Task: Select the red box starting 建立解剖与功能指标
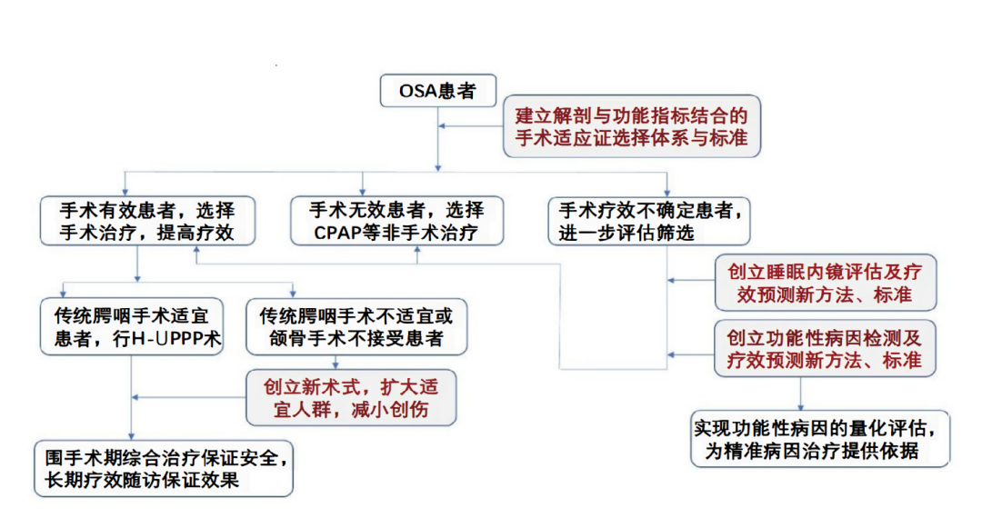coord(631,128)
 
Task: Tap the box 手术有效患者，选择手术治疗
coord(147,221)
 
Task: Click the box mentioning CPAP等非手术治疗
coord(399,221)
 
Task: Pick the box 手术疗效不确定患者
coord(649,221)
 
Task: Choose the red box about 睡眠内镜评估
coord(826,283)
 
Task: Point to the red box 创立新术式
coord(351,398)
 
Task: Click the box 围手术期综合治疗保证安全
coord(164,468)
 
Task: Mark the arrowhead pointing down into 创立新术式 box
coord(336,365)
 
